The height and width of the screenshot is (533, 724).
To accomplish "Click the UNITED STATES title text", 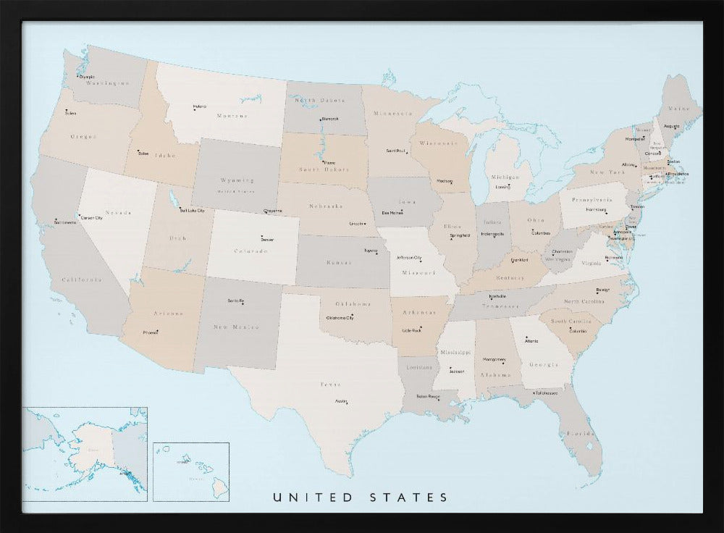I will [360, 498].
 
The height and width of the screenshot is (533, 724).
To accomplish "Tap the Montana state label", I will [232, 115].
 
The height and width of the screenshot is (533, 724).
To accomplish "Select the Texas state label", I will [331, 385].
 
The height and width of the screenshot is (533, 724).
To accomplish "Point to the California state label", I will [80, 280].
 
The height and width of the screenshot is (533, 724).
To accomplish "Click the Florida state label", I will [581, 434].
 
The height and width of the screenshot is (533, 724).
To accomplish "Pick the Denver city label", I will [267, 239].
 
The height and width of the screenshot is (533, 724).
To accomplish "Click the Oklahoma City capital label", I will [340, 318].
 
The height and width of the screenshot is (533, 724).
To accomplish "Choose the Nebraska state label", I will [325, 206].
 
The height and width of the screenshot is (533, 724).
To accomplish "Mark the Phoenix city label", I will [151, 332].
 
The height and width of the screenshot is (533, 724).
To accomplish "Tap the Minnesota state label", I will [392, 114].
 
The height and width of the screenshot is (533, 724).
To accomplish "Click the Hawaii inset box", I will [191, 471].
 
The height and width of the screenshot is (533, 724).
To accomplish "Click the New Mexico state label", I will [236, 327].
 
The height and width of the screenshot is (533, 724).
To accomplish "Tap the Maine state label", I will [679, 109].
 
